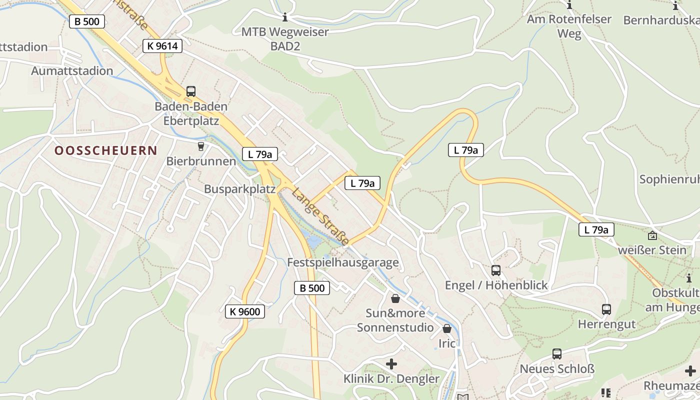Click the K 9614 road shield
click(162, 46)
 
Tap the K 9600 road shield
click(244, 311)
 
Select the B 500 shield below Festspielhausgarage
click(312, 287)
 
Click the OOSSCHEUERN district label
click(106, 150)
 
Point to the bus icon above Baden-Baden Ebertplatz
click(191, 91)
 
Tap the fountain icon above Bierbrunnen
click(201, 146)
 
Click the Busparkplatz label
click(240, 189)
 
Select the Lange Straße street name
click(320, 216)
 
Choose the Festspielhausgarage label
click(343, 262)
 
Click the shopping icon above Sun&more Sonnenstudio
click(395, 298)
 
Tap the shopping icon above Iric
click(447, 328)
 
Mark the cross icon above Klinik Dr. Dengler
click(391, 363)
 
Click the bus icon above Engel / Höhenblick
click(496, 270)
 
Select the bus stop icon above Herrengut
click(606, 309)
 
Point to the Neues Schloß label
click(557, 369)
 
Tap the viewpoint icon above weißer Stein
click(652, 235)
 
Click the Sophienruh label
click(669, 179)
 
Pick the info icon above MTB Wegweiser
click(285, 17)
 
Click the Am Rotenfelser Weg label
click(569, 26)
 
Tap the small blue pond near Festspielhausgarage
click(314, 242)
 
